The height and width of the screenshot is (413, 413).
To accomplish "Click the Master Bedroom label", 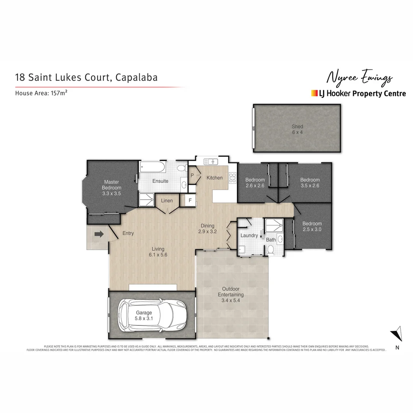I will pyautogui.click(x=111, y=188).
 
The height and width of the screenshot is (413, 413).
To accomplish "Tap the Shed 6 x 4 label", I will pyautogui.click(x=297, y=129).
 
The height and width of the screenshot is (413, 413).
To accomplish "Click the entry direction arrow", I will pyautogui.click(x=99, y=234).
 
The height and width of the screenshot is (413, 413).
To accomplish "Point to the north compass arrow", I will pyautogui.click(x=398, y=333).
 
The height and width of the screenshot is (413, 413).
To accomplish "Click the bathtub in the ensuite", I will pyautogui.click(x=153, y=167).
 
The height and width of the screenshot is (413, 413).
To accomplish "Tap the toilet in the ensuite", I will pyautogui.click(x=182, y=168).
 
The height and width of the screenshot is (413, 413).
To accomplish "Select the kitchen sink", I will pyautogui.click(x=211, y=161).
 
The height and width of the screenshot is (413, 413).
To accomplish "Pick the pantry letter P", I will pyautogui.click(x=192, y=176).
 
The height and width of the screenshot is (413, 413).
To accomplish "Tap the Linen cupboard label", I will pyautogui.click(x=167, y=201).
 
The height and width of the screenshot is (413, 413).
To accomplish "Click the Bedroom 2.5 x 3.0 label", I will pyautogui.click(x=312, y=226).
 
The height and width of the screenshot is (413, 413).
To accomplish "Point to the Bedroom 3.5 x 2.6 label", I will pyautogui.click(x=309, y=183).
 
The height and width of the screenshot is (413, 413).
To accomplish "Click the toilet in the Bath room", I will pyautogui.click(x=271, y=250).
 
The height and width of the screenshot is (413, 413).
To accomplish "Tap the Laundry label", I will pyautogui.click(x=249, y=236).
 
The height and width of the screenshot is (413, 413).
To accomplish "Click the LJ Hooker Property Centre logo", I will pyautogui.click(x=358, y=93).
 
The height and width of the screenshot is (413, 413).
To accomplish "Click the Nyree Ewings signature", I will pyautogui.click(x=359, y=78).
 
